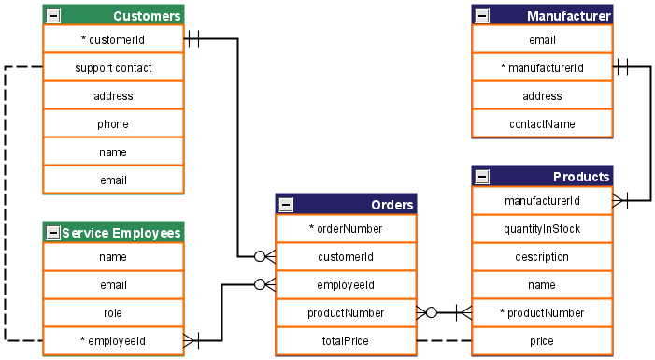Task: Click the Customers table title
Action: [147, 16]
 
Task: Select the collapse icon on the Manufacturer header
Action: [482, 16]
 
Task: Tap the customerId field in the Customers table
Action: [113, 40]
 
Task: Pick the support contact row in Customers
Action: [113, 68]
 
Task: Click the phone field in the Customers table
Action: [113, 124]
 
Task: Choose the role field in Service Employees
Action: [113, 313]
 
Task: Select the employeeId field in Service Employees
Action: [113, 341]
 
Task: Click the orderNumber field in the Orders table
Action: [346, 228]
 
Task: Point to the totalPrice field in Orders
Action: [346, 341]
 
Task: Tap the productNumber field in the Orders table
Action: [346, 313]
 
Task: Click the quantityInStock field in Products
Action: [542, 229]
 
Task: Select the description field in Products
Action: [542, 257]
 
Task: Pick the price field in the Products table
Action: [542, 341]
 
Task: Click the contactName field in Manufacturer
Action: [542, 124]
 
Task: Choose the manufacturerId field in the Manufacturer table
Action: [542, 68]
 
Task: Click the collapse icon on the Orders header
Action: [286, 205]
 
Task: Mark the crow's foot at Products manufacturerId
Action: [619, 200]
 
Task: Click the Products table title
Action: [580, 177]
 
